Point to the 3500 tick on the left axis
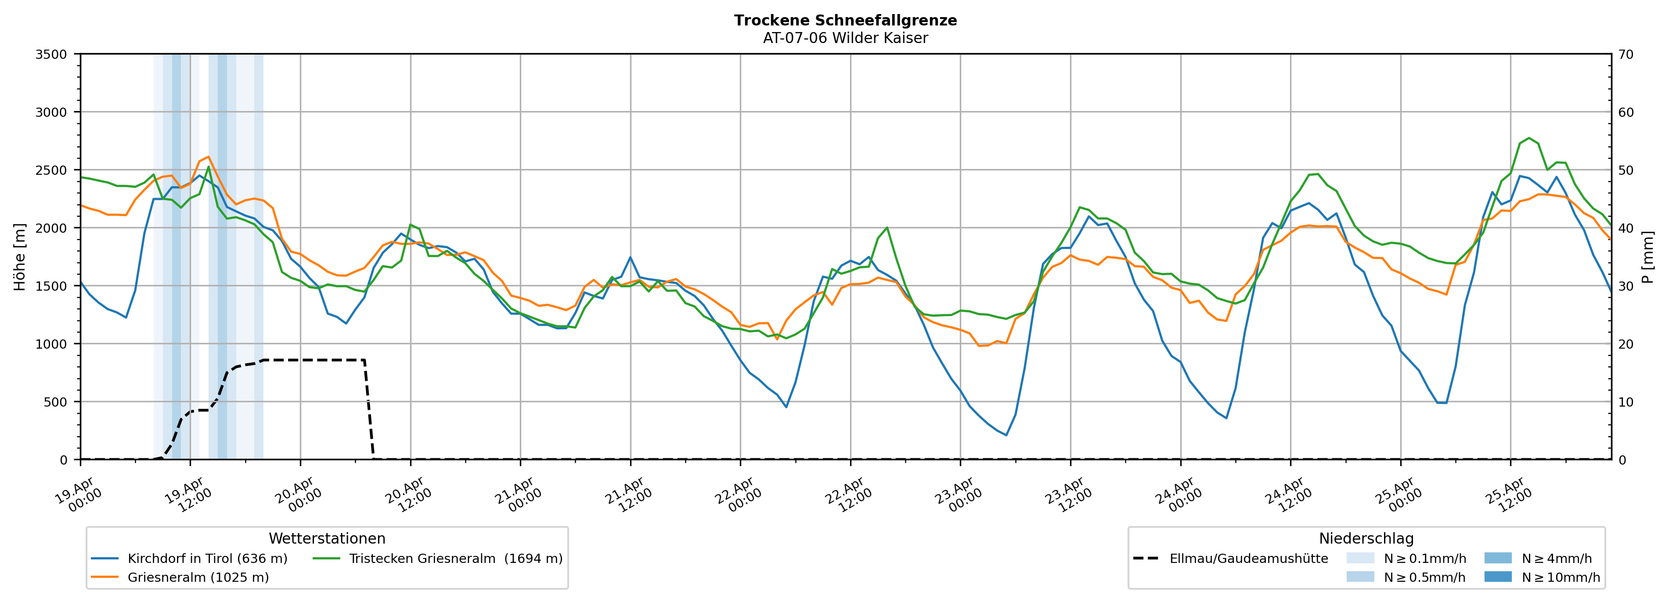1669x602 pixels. pyautogui.click(x=51, y=54)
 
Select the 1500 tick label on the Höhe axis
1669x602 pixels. pyautogui.click(x=51, y=286)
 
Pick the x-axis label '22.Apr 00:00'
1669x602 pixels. pyautogui.click(x=739, y=495)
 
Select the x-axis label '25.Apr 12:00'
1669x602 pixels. pyautogui.click(x=1508, y=495)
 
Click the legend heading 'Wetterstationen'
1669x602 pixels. pyautogui.click(x=327, y=538)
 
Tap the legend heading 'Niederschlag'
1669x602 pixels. pyautogui.click(x=1366, y=538)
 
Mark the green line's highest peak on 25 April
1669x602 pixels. pyautogui.click(x=1529, y=138)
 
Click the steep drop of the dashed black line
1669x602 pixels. pyautogui.click(x=369, y=408)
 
